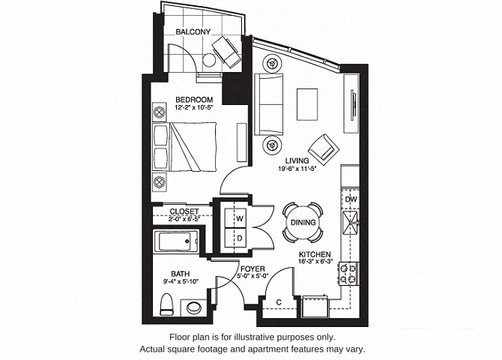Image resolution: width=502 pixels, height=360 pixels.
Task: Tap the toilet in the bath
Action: (166, 304)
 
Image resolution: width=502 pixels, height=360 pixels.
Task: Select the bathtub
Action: (175, 241)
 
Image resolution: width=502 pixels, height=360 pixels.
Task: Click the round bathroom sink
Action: (194, 307)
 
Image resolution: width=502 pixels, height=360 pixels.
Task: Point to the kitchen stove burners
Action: (348, 274)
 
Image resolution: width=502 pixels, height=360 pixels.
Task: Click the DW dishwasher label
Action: (351, 199)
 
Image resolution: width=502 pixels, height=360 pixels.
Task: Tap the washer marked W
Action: (235, 218)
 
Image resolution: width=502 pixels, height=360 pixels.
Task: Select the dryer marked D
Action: (235, 238)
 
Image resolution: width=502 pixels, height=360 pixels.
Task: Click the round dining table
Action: (303, 222)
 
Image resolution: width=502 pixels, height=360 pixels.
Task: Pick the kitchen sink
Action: (351, 221)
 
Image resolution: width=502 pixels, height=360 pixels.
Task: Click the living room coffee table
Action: (307, 104)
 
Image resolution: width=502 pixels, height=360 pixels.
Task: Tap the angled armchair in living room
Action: (324, 150)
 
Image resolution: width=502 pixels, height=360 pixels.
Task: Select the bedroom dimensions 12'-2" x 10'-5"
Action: (194, 107)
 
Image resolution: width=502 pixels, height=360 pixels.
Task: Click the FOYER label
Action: (252, 269)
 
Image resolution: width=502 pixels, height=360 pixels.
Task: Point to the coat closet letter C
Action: (279, 302)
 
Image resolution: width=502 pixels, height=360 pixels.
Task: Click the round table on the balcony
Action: (209, 60)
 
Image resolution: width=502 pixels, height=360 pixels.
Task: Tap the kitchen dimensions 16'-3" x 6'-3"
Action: (315, 261)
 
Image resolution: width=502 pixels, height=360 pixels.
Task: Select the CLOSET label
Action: (184, 211)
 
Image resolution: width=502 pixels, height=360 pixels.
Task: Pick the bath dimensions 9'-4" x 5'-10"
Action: (181, 281)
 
